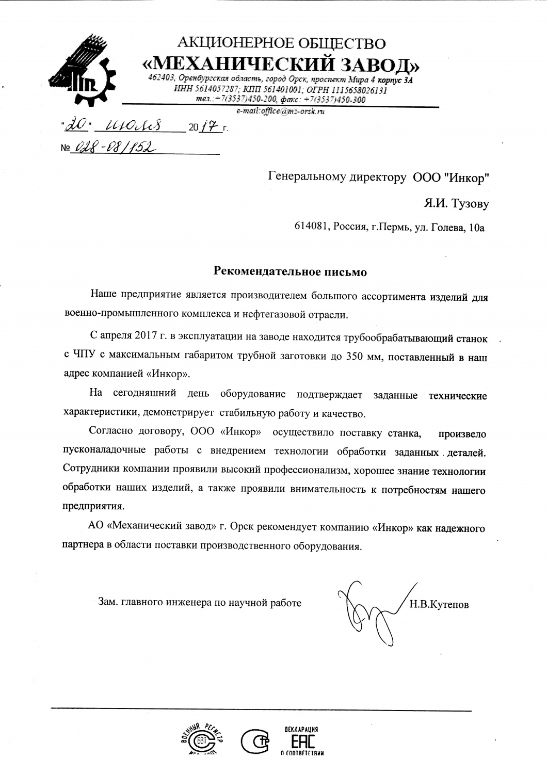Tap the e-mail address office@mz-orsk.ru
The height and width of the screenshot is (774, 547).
point(280,110)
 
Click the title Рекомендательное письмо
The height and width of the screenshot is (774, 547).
point(290,271)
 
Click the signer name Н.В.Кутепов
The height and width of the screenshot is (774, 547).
point(439,604)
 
